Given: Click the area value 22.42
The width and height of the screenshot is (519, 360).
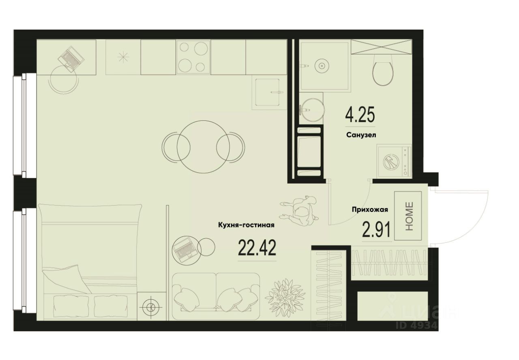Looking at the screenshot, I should [257, 248].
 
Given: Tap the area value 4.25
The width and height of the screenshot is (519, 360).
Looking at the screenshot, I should [360, 115].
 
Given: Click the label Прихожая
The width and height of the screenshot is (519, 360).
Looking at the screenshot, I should [370, 210].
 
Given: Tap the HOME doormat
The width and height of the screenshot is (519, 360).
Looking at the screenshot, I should [408, 216].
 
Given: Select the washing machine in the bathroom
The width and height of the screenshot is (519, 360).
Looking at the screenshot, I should [394, 161].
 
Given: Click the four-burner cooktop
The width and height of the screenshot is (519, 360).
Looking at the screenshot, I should [193, 57].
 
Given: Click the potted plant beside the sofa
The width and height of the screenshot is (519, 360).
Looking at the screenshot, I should [285, 297].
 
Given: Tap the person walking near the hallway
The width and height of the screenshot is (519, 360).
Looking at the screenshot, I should [300, 210].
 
